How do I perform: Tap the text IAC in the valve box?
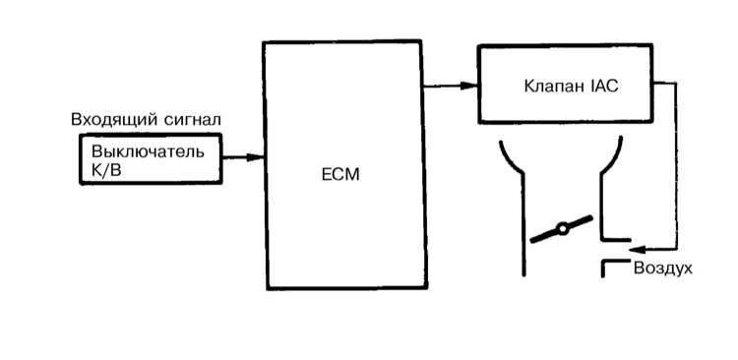coord(604,88)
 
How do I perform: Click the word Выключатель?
coord(149,152)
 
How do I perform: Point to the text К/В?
coord(107,170)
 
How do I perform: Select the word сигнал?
coord(193,120)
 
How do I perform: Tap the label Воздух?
coord(662,269)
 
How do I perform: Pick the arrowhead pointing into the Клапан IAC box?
coord(469,86)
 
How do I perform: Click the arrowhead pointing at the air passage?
coord(638,249)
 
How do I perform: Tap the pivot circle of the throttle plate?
coord(562,229)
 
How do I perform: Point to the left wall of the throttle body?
coord(523,223)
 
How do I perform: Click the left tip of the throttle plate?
coord(531,241)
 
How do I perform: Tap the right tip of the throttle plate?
coord(590,217)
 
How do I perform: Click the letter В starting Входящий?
coord(76,120)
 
